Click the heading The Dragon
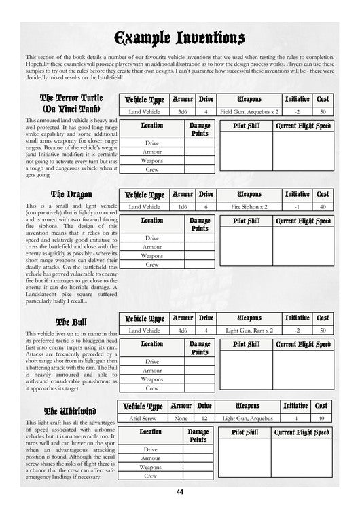pos(71,195)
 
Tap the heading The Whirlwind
pos(71,411)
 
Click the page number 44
pos(179,492)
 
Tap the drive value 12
pos(204,419)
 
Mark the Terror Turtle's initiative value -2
pos(297,111)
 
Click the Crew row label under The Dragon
pos(151,265)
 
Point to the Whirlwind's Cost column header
pos(323,406)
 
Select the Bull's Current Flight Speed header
pos(303,344)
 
